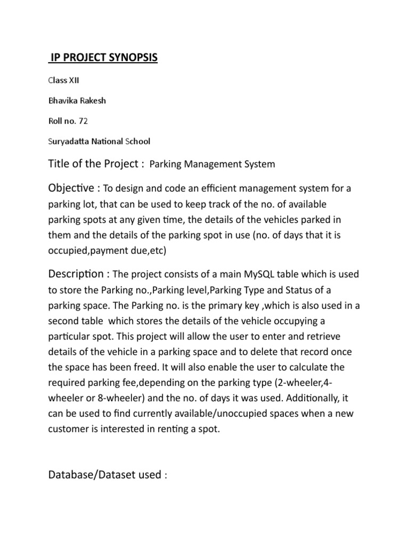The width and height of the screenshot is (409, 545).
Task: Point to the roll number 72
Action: tap(83, 121)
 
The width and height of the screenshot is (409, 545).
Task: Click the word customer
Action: tap(69, 429)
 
